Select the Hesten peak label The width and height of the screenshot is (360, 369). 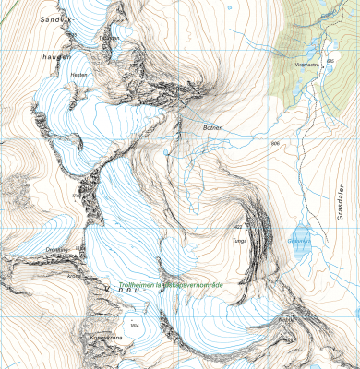tap(78, 75)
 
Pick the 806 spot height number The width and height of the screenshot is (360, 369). tap(275, 145)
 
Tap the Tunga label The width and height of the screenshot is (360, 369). tap(240, 238)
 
